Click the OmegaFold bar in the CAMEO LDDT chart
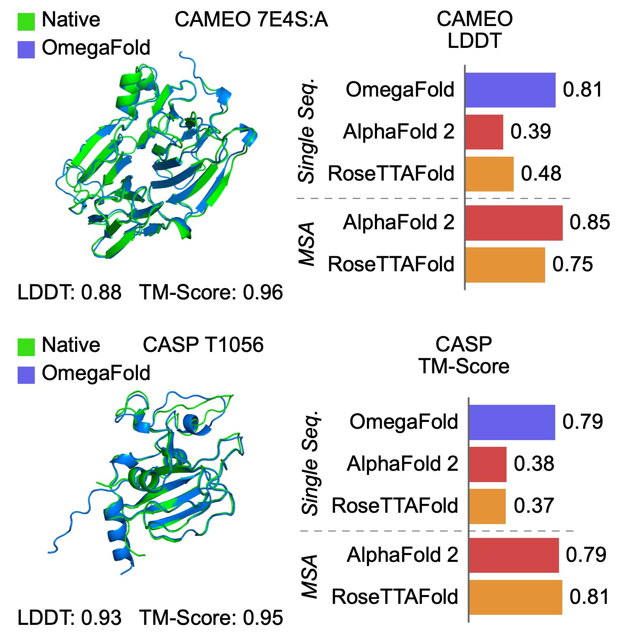(510, 90)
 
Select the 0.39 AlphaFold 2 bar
(484, 132)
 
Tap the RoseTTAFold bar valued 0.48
(489, 174)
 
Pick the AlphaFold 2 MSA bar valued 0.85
(514, 223)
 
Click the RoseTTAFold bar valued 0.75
(505, 265)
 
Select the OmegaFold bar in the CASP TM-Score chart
(512, 422)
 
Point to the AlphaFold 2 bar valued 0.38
(487, 464)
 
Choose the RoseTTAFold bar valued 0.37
(487, 506)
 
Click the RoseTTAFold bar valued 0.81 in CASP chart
(515, 597)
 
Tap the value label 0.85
(589, 223)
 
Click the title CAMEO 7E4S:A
(251, 20)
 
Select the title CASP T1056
(203, 345)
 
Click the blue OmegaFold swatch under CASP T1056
(26, 375)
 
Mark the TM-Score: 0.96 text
(211, 293)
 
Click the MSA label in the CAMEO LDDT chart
(307, 244)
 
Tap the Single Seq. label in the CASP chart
(311, 463)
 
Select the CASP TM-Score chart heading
(463, 355)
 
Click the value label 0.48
(541, 174)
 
